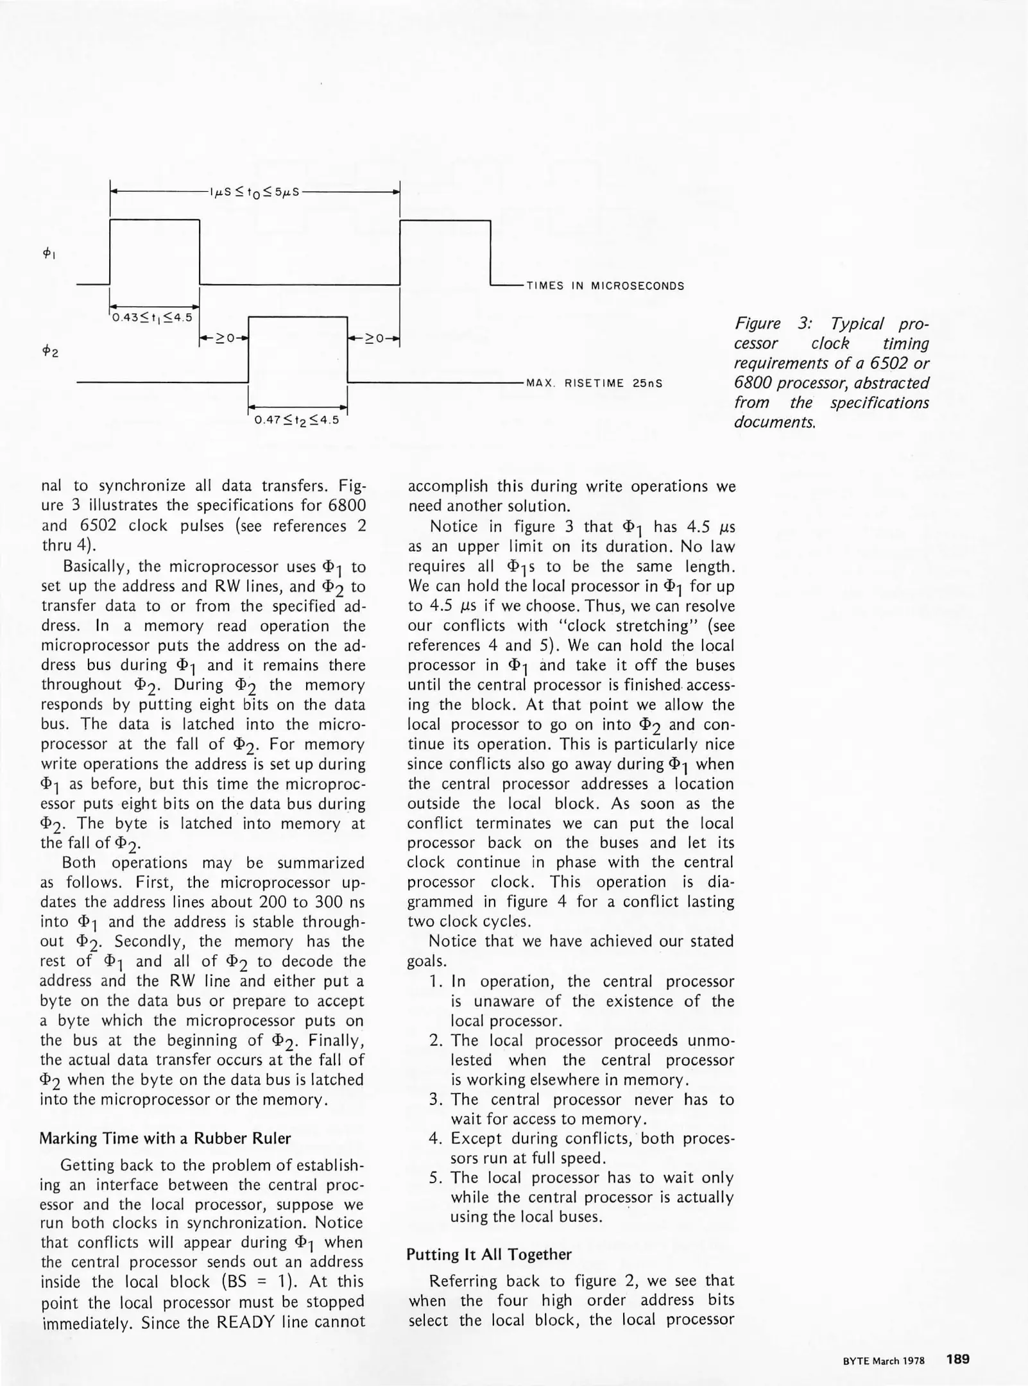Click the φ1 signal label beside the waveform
pos(49,253)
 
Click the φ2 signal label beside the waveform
pos(50,352)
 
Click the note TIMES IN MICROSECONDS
pos(605,286)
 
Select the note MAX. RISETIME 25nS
pos(594,384)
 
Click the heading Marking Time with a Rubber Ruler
pos(165,1138)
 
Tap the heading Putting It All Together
pos(488,1254)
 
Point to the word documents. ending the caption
pos(775,423)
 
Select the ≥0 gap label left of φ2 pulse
pos(224,338)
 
